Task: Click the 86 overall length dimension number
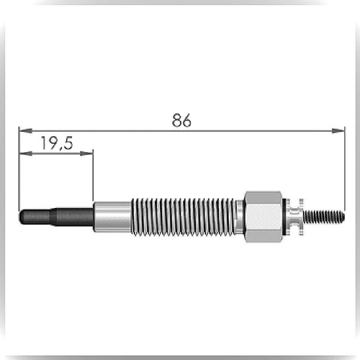point(181,120)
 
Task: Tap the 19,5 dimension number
point(57,143)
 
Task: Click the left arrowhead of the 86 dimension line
point(26,131)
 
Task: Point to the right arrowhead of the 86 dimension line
point(338,131)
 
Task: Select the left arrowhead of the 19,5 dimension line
point(26,153)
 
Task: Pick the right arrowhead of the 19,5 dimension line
point(86,153)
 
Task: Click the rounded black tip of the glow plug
point(35,216)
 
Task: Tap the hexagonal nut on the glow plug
point(263,216)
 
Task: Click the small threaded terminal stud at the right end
point(324,216)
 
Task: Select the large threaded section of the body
point(184,216)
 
